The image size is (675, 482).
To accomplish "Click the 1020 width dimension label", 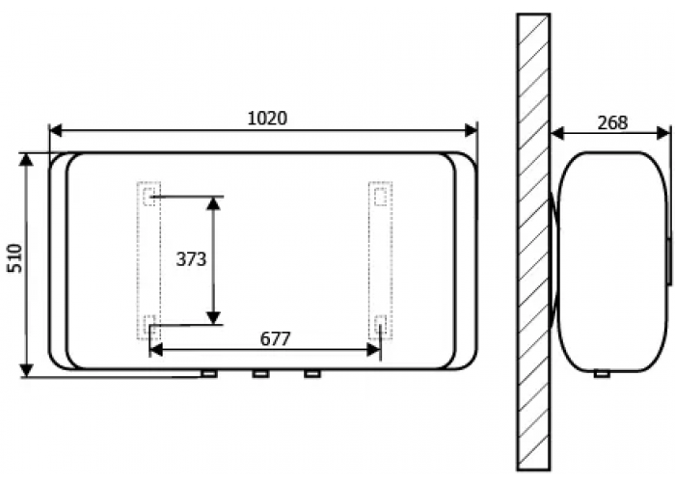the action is click(x=267, y=118).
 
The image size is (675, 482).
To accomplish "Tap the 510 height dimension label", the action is click(x=15, y=257).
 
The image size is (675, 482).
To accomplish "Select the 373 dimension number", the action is click(x=191, y=259).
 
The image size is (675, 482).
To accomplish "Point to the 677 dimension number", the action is click(x=276, y=339).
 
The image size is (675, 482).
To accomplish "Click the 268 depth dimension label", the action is click(x=612, y=123).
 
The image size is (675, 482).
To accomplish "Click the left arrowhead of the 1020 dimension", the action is click(x=56, y=130).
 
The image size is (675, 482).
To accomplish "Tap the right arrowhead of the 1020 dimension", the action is click(x=471, y=130).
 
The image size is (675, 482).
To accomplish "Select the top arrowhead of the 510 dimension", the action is click(x=27, y=159).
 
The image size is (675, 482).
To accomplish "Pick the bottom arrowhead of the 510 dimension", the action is click(x=27, y=370).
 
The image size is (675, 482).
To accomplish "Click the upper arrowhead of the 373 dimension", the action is click(x=213, y=203).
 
